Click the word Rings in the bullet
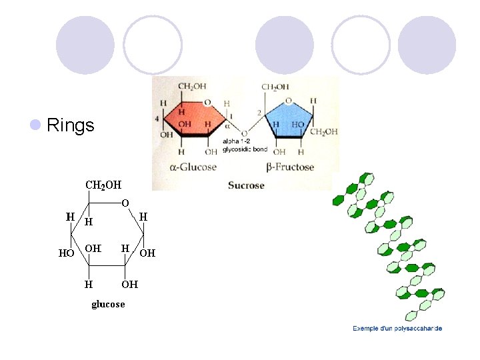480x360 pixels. pyautogui.click(x=71, y=125)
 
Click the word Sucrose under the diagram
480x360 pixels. pyautogui.click(x=246, y=185)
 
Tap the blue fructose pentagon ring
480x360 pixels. pyautogui.click(x=288, y=120)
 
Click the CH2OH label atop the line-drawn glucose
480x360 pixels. pyautogui.click(x=103, y=184)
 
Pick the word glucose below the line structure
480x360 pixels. pyautogui.click(x=108, y=304)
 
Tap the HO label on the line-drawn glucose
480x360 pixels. pyautogui.click(x=67, y=253)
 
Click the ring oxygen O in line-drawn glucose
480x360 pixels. pyautogui.click(x=125, y=202)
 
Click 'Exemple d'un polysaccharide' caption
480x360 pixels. pyautogui.click(x=397, y=328)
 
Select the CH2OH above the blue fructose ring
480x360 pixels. pyautogui.click(x=275, y=87)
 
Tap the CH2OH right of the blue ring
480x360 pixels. pyautogui.click(x=324, y=131)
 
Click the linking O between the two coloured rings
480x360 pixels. pyautogui.click(x=245, y=133)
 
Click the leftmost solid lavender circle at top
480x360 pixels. pyautogui.click(x=85, y=45)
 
